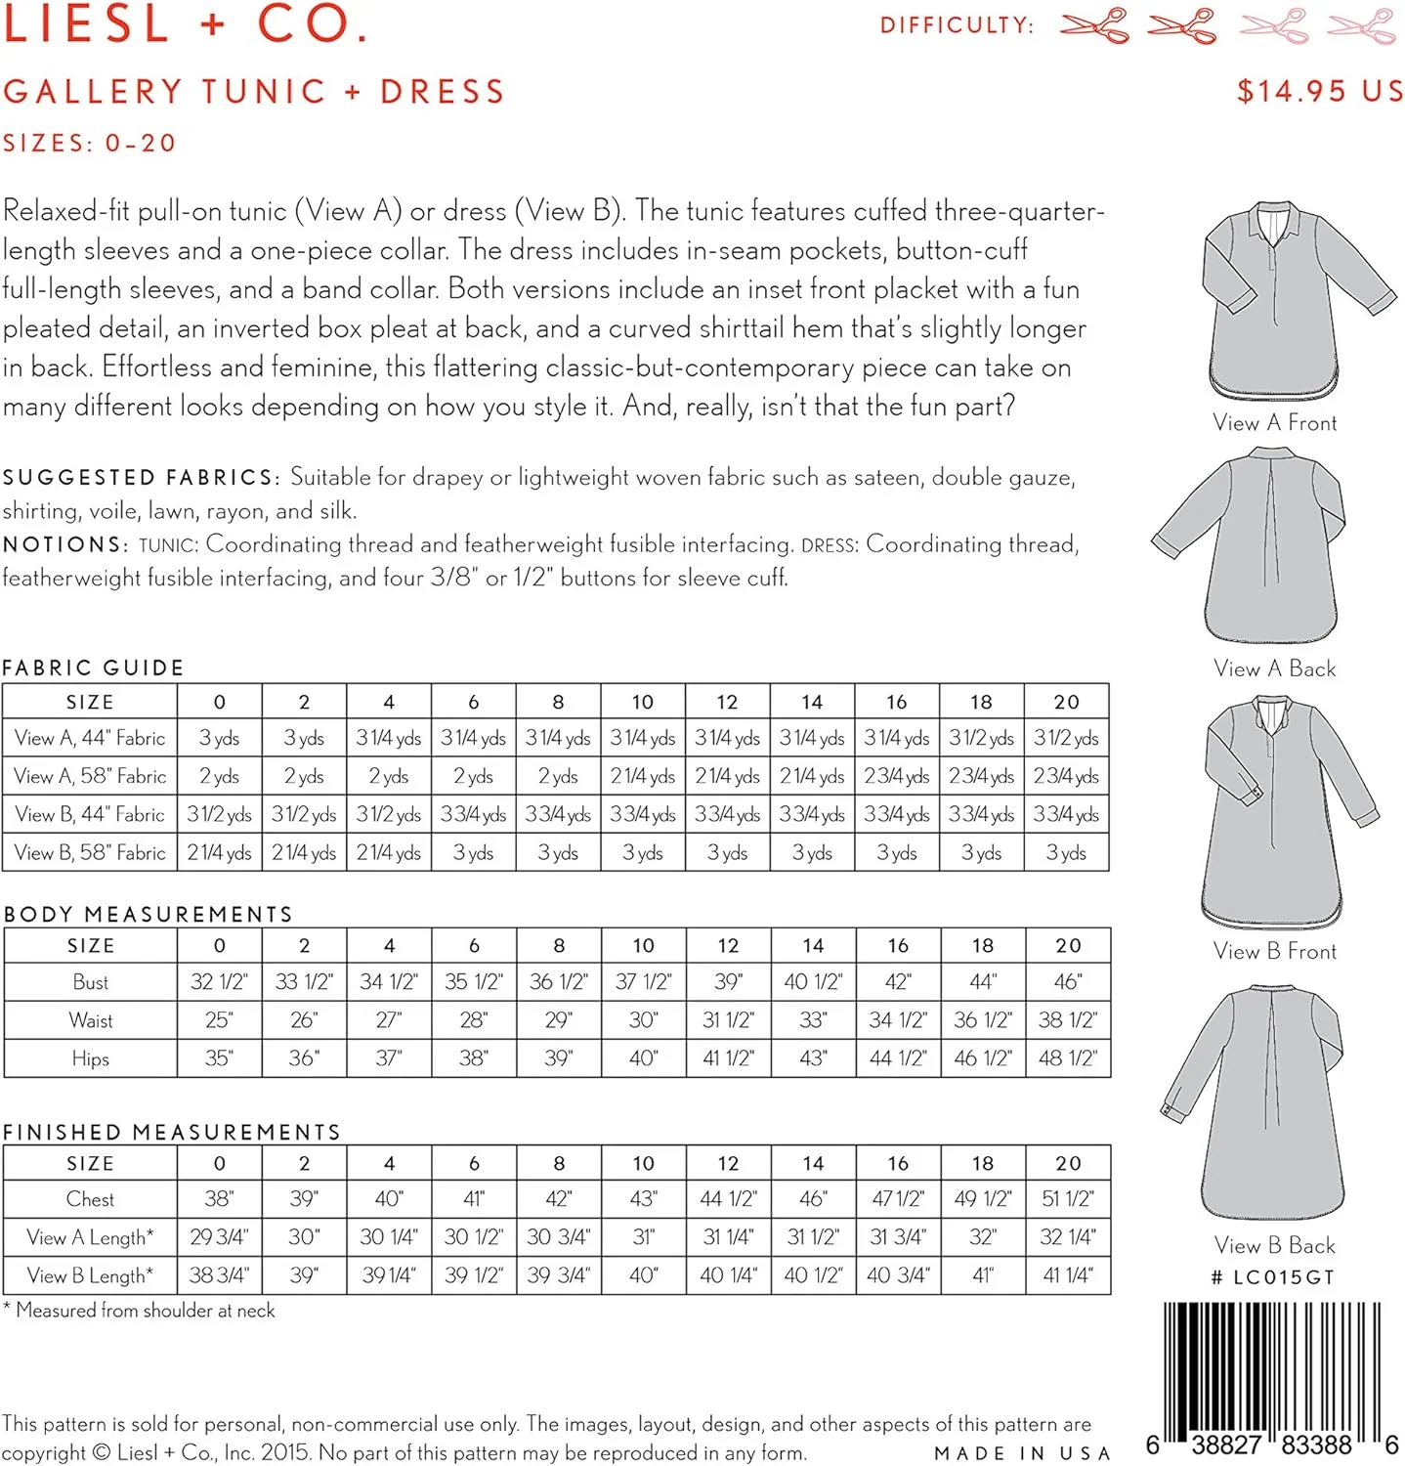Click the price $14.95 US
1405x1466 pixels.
pyautogui.click(x=1319, y=91)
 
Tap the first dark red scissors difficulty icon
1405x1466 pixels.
pyautogui.click(x=1094, y=25)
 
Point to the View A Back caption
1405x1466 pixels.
pyautogui.click(x=1274, y=668)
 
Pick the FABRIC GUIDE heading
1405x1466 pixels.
pyautogui.click(x=93, y=668)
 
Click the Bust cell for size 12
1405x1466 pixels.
pyautogui.click(x=728, y=981)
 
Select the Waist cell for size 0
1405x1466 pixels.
pyautogui.click(x=219, y=1020)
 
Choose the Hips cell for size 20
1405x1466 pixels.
pyautogui.click(x=1067, y=1058)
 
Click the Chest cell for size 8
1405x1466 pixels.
pyautogui.click(x=558, y=1199)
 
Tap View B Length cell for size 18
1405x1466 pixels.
pyautogui.click(x=982, y=1275)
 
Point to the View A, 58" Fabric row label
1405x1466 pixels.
pyautogui.click(x=90, y=776)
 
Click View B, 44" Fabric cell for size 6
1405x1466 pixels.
pyautogui.click(x=473, y=814)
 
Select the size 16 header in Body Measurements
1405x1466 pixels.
pyautogui.click(x=897, y=945)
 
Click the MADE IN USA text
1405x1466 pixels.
pyautogui.click(x=1022, y=1453)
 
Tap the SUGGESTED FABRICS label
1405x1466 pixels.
pyautogui.click(x=141, y=477)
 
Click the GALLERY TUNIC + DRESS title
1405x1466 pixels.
pyautogui.click(x=253, y=92)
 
